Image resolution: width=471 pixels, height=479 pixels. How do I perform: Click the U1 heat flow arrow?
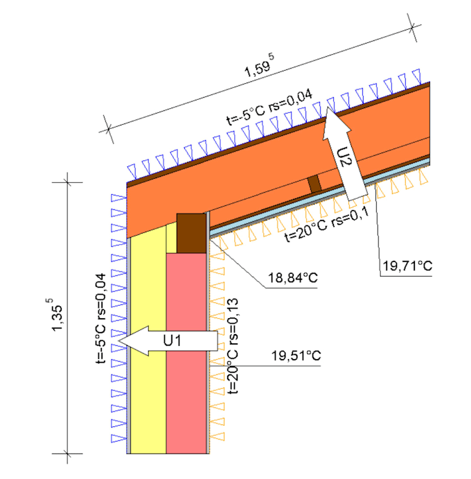(168, 340)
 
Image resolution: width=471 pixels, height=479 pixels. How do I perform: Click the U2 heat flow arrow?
(344, 153)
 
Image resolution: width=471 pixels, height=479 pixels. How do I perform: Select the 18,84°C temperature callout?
(293, 278)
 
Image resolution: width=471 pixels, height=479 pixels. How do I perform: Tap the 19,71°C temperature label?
(407, 265)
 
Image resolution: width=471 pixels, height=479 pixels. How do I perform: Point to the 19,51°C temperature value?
(296, 356)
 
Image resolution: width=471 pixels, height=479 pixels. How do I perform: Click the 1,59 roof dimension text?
(260, 66)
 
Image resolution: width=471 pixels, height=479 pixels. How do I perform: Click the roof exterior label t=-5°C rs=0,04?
(270, 107)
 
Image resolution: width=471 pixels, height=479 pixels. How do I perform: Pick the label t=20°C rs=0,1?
(327, 225)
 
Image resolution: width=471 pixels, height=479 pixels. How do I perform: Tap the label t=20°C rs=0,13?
(233, 346)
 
